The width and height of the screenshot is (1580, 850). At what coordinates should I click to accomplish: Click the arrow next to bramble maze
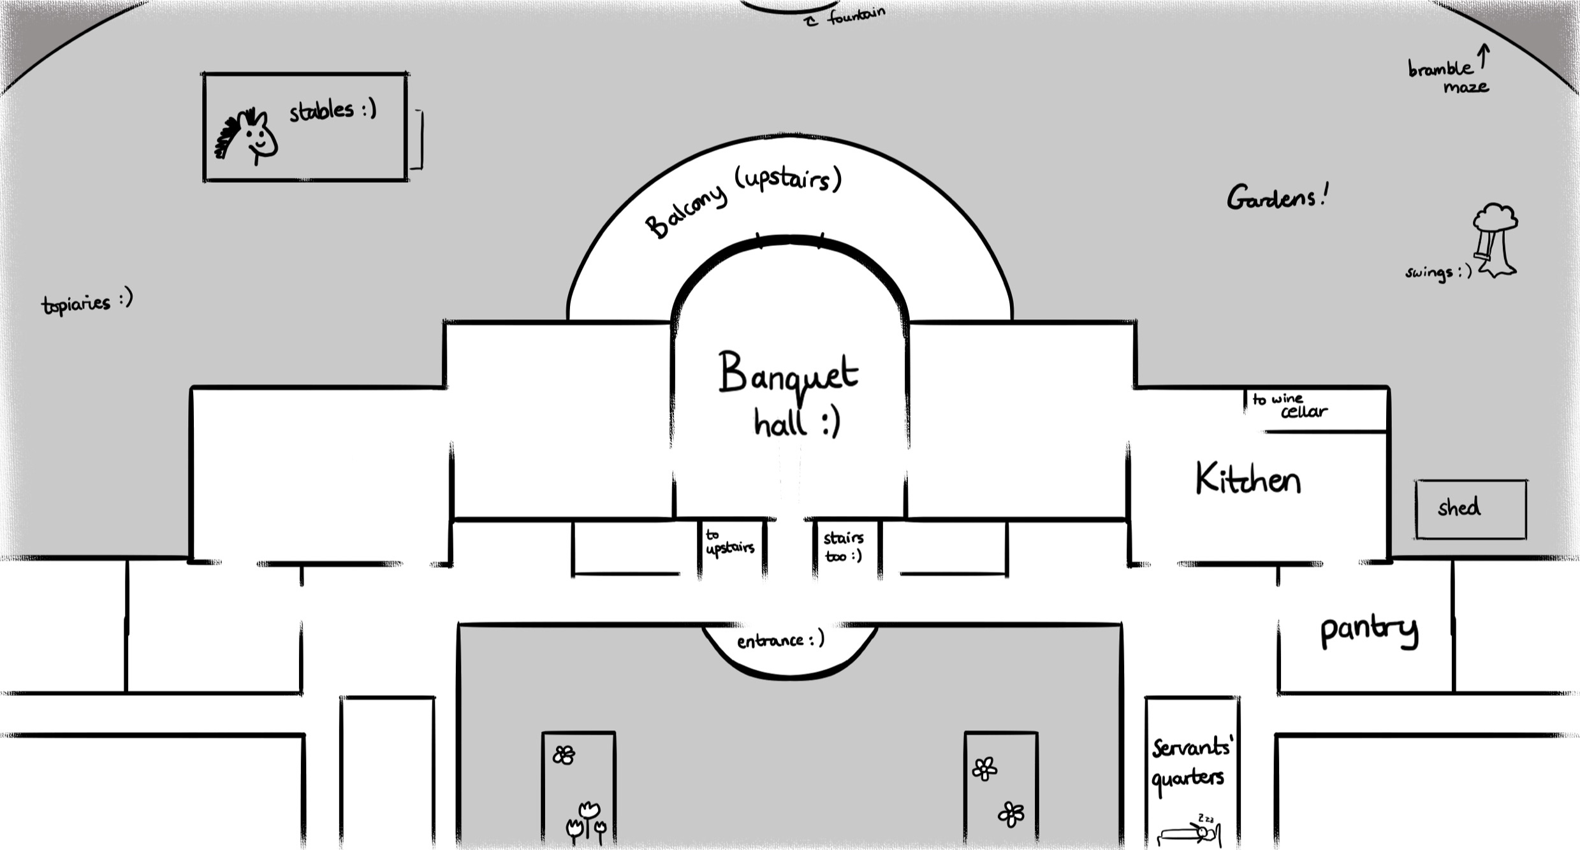[x=1484, y=56]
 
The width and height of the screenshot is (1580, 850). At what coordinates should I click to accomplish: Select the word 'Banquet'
[x=788, y=373]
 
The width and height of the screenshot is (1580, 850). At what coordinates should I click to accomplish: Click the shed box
[x=1470, y=509]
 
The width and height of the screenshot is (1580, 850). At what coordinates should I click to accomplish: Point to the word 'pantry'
[x=1368, y=630]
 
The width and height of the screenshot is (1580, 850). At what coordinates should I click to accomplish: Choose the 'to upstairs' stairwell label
[x=729, y=542]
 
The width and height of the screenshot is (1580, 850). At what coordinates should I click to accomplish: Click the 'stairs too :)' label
[x=843, y=547]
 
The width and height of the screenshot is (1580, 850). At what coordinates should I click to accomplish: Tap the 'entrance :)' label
[x=780, y=640]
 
